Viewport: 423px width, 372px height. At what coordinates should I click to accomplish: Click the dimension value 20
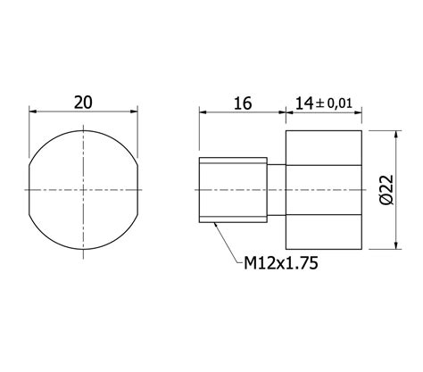click(83, 102)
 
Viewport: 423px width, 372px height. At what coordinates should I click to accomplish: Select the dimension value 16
click(241, 103)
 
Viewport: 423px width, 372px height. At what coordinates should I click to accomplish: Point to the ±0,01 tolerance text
click(337, 103)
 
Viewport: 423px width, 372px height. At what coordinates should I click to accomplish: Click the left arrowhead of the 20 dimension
click(34, 112)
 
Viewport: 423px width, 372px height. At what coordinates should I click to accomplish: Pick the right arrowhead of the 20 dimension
click(137, 112)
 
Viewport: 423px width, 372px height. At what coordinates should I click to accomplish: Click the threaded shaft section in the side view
click(232, 189)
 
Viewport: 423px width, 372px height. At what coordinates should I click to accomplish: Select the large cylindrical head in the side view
click(324, 189)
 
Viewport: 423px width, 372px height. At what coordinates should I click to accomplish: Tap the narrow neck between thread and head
click(277, 189)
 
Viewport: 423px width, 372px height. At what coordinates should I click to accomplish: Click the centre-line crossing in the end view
click(85, 189)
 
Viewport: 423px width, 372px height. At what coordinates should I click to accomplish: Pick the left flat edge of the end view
click(30, 189)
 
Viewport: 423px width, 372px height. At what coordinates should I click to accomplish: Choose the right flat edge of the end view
click(140, 189)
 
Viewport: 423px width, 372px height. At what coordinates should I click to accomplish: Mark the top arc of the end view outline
click(85, 130)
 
